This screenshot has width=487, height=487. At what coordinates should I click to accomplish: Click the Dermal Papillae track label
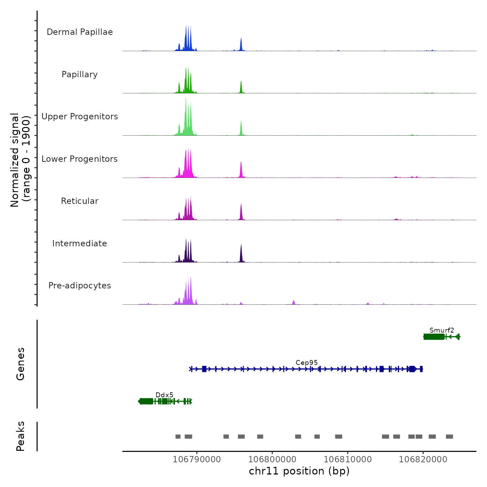pos(80,32)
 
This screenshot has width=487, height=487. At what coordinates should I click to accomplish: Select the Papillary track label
pos(80,74)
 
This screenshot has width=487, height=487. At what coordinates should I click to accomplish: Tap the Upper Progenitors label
pos(80,117)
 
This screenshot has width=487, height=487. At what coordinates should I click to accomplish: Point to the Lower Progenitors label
pos(80,159)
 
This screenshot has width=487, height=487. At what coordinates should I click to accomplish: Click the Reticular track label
pos(80,201)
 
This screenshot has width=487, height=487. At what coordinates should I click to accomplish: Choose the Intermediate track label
pos(80,243)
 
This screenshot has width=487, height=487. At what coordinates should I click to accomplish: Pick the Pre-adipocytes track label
pos(80,286)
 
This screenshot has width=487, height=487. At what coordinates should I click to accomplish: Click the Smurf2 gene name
pos(442,330)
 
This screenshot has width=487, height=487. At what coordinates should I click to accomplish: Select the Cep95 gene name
pos(306,363)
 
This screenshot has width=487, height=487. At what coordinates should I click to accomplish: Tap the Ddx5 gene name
pos(164,395)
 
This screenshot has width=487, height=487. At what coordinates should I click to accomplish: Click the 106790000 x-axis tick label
pos(197,460)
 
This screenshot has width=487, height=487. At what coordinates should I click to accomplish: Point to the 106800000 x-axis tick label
pos(272,460)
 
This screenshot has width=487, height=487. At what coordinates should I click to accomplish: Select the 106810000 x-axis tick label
pos(348,460)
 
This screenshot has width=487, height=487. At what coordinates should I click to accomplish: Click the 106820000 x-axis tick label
pos(423,460)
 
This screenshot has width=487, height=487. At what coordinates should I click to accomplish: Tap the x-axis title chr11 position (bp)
pos(299,471)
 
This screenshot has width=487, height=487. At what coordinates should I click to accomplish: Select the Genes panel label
pos(21,364)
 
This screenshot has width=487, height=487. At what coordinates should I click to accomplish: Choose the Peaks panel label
pos(21,436)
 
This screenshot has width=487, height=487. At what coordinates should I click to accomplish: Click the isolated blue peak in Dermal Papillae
pos(241,45)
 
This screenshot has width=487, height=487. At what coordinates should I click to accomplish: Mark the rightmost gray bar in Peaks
pos(449,437)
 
